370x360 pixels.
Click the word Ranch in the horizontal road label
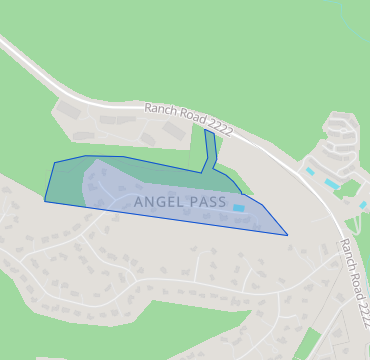point(160,109)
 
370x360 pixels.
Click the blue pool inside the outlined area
point(239,208)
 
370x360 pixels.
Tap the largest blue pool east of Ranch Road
point(331,185)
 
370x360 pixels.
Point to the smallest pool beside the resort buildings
point(310,171)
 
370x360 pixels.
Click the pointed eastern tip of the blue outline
point(287,235)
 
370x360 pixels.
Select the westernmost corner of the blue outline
point(45,201)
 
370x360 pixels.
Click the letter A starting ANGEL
point(138,201)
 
